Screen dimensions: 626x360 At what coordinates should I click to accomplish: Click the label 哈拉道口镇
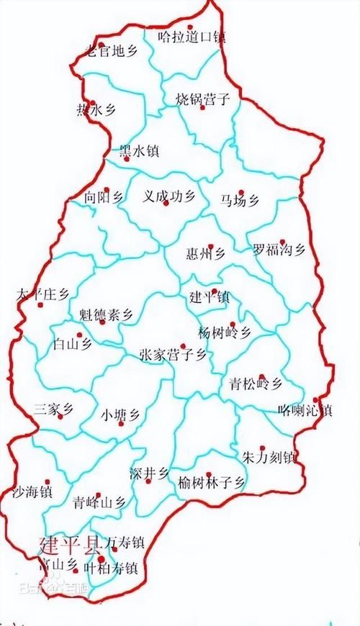[x=192, y=36]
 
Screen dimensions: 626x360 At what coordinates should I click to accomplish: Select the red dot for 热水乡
[x=92, y=102]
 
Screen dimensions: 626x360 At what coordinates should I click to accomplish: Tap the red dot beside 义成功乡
[x=166, y=204]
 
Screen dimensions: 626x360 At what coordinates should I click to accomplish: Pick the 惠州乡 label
[x=205, y=253]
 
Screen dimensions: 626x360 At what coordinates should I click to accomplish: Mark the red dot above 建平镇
[x=214, y=291]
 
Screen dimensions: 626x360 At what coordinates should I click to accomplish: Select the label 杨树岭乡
[x=225, y=332]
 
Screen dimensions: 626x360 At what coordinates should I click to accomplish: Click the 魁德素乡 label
[x=107, y=314]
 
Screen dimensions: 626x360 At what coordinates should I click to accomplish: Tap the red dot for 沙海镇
[x=48, y=482]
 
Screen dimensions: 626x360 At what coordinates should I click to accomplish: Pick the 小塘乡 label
[x=121, y=414]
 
